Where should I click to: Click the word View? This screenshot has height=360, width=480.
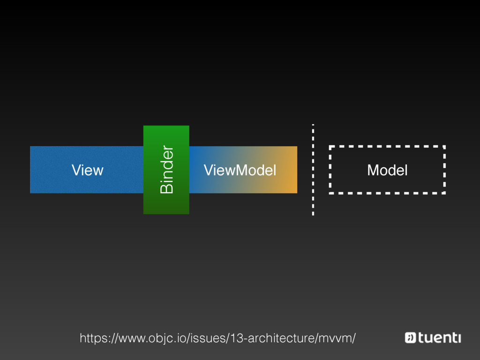pos(87,170)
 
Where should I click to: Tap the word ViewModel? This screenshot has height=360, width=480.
pos(240,170)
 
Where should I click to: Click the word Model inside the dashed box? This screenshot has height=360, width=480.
pos(387,170)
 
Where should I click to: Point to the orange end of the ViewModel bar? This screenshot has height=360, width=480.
pos(288,170)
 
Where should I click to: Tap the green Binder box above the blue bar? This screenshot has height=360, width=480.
pos(166,135)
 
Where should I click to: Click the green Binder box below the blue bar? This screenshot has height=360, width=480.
pos(166,204)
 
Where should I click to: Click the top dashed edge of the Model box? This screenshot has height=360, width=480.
pos(387,147)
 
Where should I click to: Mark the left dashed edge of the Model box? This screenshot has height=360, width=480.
pos(330,170)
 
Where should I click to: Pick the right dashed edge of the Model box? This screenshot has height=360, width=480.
pos(443,170)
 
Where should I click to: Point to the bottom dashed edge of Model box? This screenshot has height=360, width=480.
pos(387,192)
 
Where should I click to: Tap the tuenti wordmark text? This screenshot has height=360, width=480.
pos(440,337)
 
